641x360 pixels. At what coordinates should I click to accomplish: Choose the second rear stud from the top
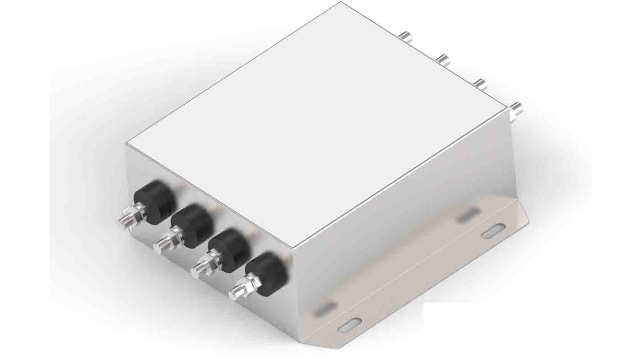click(x=443, y=59)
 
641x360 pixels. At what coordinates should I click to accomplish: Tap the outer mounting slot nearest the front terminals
click(x=351, y=324)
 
